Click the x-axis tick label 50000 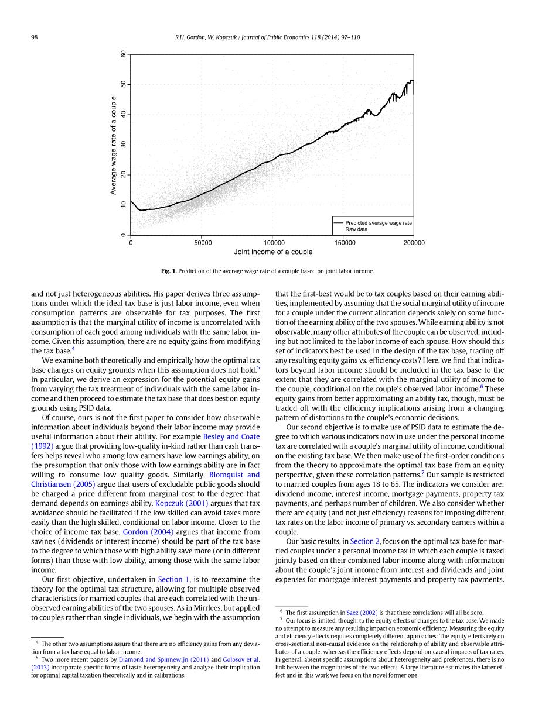(203, 243)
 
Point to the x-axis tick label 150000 (345, 243)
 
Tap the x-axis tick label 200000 (414, 243)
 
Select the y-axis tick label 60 (123, 54)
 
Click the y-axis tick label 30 (123, 145)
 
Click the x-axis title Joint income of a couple (273, 252)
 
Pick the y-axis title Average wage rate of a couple (114, 145)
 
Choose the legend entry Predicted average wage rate (379, 223)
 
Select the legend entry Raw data (356, 229)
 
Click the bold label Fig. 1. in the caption (169, 271)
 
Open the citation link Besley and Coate (231, 436)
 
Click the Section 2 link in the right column (365, 541)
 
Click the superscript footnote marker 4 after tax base (73, 349)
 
